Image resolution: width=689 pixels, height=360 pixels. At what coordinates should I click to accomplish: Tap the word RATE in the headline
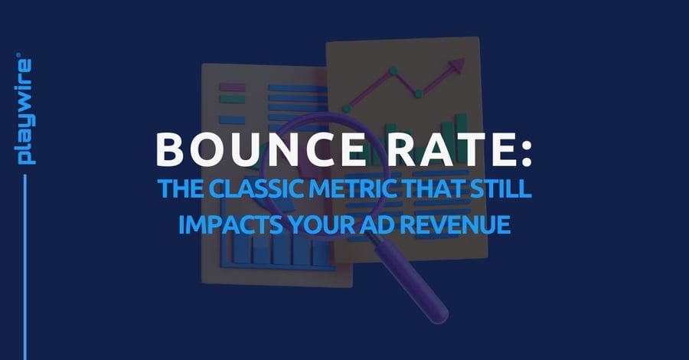tap(439, 151)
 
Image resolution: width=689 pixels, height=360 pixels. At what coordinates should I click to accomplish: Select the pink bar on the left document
tap(232, 87)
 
